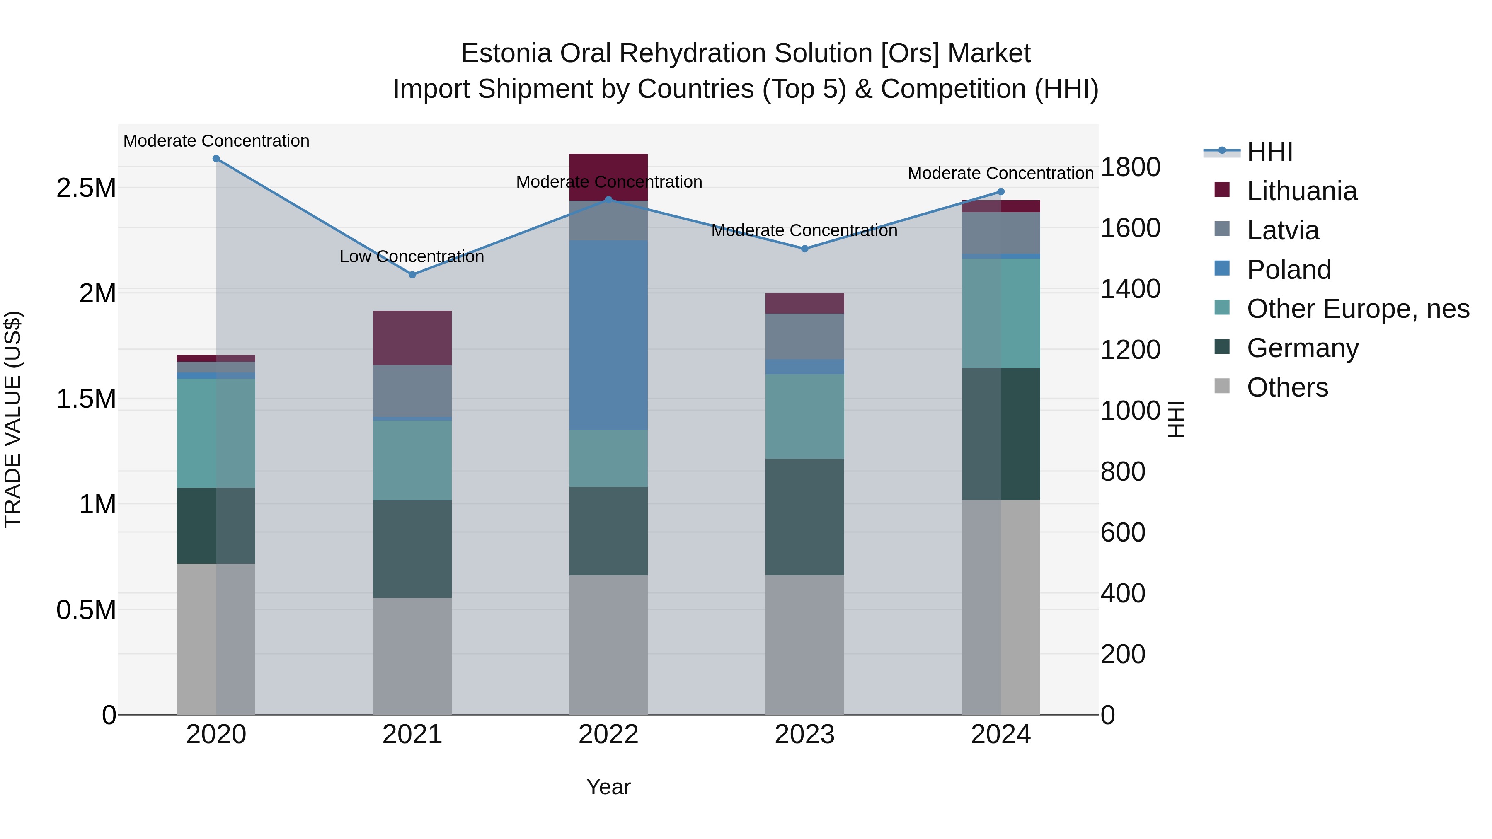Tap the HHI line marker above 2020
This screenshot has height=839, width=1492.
216,159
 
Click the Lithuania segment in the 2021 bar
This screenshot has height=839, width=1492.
412,338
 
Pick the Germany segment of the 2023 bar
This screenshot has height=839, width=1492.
804,517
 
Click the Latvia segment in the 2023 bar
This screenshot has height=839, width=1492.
804,336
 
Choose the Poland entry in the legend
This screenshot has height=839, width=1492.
1288,270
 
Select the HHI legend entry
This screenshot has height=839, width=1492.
1269,152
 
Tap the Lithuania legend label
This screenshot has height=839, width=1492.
1301,191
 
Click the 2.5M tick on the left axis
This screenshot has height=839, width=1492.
86,188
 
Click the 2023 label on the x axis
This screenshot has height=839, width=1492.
804,735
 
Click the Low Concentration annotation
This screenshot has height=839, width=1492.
412,256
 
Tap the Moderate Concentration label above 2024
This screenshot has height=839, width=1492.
1000,173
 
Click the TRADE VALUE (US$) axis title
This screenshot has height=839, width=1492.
13,419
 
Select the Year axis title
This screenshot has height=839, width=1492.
608,787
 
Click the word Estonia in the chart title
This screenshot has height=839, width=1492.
506,53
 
